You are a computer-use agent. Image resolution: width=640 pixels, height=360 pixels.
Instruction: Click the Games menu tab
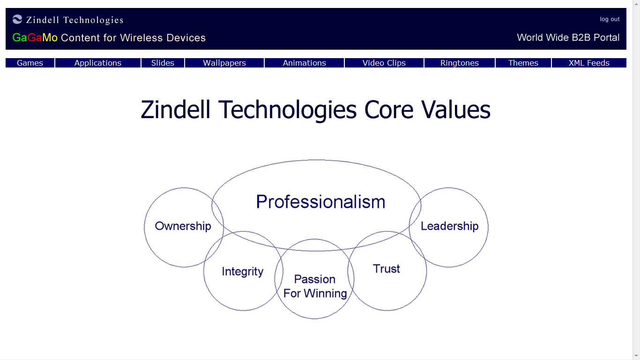[30, 63]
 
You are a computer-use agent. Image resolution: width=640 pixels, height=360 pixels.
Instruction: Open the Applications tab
[98, 63]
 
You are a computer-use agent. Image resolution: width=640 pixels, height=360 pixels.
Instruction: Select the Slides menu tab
[163, 63]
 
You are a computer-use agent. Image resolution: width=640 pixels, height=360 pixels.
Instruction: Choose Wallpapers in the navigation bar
[224, 63]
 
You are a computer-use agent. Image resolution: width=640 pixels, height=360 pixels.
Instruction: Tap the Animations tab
[304, 63]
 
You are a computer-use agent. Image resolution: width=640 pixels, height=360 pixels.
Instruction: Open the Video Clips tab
[384, 63]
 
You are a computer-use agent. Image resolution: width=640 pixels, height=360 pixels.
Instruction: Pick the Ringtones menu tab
[460, 63]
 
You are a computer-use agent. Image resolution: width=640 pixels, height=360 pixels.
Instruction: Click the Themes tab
[523, 63]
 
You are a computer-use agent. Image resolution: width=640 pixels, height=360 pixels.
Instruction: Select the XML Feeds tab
[589, 63]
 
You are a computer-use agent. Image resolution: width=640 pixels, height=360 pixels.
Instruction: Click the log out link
[610, 19]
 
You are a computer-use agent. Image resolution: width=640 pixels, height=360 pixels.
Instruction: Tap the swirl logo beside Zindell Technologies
[17, 19]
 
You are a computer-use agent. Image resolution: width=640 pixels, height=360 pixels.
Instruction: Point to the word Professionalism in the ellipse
[320, 202]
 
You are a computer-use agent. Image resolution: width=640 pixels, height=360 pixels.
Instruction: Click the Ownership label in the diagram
[183, 226]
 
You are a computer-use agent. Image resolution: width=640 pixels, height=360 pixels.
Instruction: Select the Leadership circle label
[449, 226]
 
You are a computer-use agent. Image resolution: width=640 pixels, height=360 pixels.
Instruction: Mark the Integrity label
[243, 272]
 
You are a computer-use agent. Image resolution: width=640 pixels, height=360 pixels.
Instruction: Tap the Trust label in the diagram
[386, 269]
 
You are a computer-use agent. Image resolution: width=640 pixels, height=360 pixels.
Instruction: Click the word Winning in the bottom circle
[325, 294]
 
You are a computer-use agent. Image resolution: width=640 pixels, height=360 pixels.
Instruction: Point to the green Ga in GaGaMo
[20, 38]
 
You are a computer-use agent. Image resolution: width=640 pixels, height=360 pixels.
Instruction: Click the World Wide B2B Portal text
[568, 38]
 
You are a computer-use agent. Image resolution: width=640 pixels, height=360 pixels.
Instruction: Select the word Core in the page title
[388, 110]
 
